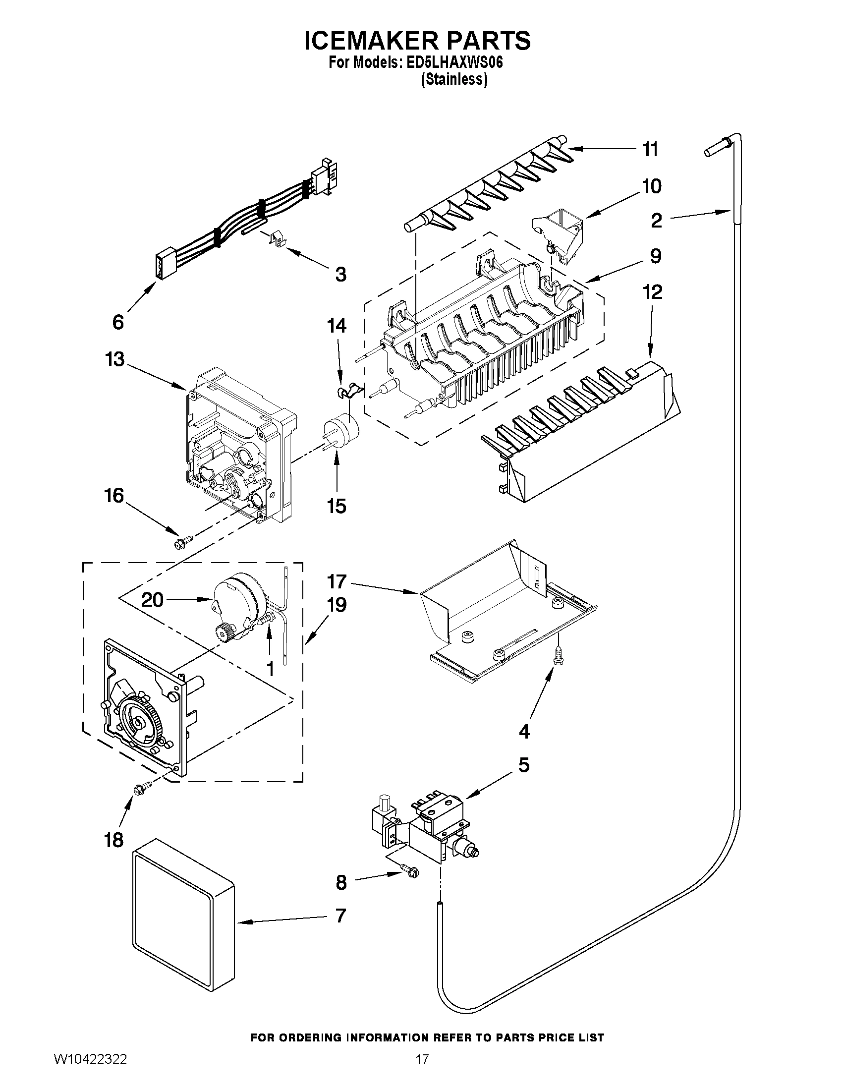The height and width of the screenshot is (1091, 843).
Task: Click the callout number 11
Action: [650, 149]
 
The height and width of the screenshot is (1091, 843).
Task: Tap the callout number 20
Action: [152, 599]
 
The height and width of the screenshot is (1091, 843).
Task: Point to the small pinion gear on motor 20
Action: [223, 633]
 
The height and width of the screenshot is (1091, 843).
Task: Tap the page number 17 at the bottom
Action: [422, 1074]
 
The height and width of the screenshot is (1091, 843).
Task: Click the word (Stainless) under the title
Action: [453, 79]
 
